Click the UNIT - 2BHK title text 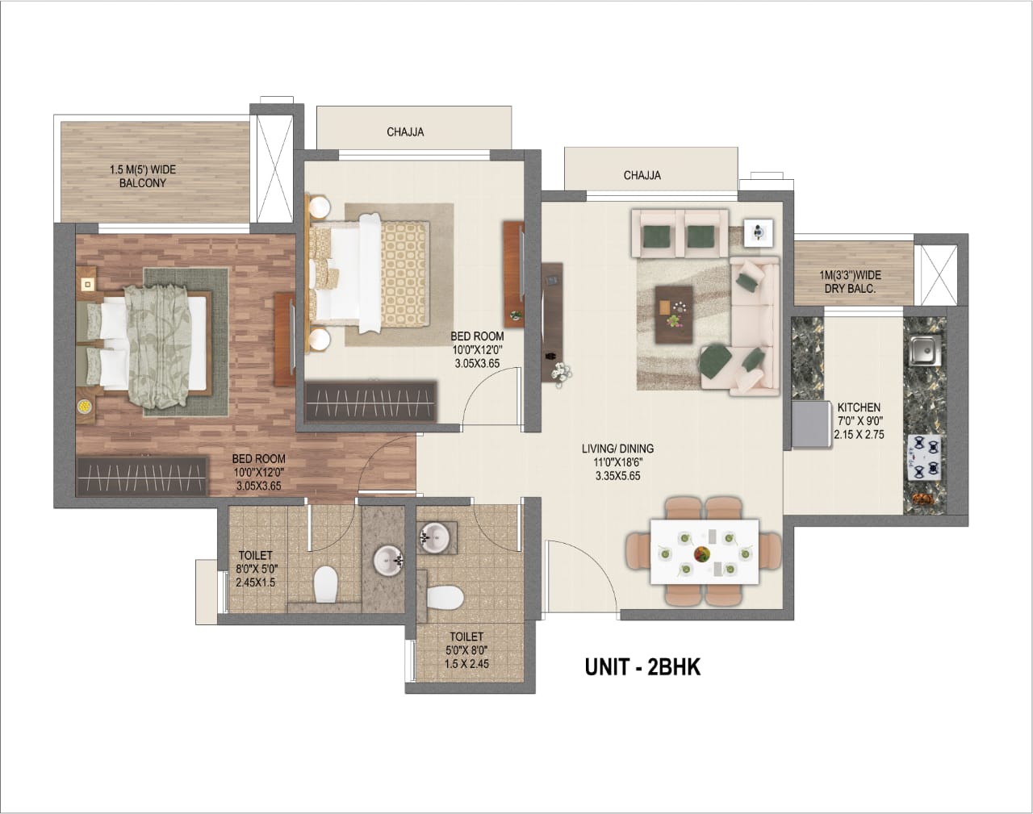(x=642, y=666)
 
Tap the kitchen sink (x=924, y=350)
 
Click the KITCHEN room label (x=859, y=407)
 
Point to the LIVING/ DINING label (x=618, y=449)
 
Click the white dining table (x=705, y=552)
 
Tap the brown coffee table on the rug (x=674, y=314)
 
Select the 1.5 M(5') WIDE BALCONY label (x=143, y=176)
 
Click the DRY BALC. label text (x=850, y=289)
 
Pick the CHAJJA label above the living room (x=642, y=175)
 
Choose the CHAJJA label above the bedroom (x=405, y=131)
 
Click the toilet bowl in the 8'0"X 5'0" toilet (x=325, y=583)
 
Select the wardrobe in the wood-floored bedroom (x=141, y=476)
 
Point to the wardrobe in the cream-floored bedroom (x=370, y=401)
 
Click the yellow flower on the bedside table (x=84, y=407)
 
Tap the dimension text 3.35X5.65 (x=618, y=476)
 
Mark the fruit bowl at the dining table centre (x=703, y=554)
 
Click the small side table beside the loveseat (x=759, y=233)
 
